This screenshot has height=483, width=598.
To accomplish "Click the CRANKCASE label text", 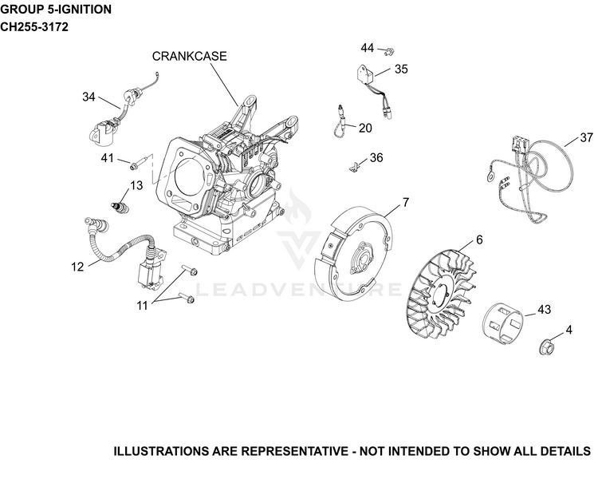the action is (x=189, y=56).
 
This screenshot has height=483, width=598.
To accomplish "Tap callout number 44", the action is (x=368, y=48).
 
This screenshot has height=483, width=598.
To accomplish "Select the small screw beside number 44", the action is (x=389, y=51).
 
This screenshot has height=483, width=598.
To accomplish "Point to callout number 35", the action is (x=401, y=69).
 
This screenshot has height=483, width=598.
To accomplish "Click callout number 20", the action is (x=365, y=128).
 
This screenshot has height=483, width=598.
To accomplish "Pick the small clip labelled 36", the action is (x=354, y=167).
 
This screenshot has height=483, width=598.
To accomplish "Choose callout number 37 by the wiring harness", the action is (x=587, y=137).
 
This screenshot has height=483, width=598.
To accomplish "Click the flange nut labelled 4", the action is (x=546, y=346).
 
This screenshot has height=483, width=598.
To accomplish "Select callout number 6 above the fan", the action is (x=479, y=240).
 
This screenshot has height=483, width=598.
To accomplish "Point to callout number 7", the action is (x=405, y=202).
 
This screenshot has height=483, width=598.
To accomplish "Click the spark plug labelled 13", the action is (x=120, y=206).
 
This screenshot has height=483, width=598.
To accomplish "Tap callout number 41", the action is (x=107, y=157).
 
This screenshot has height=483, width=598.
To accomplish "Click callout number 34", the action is (x=89, y=97).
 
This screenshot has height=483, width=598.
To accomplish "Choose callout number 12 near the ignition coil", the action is (x=77, y=267).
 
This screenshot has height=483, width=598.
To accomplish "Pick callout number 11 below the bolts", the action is (x=142, y=306).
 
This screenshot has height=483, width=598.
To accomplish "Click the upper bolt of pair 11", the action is (x=189, y=270).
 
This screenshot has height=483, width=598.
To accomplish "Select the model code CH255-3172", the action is (x=34, y=27).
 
